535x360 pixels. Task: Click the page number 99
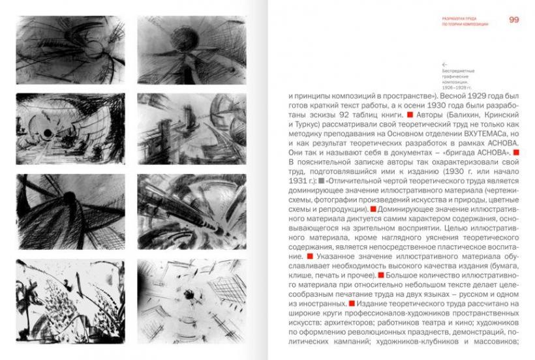513,20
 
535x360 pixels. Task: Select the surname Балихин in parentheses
454,115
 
